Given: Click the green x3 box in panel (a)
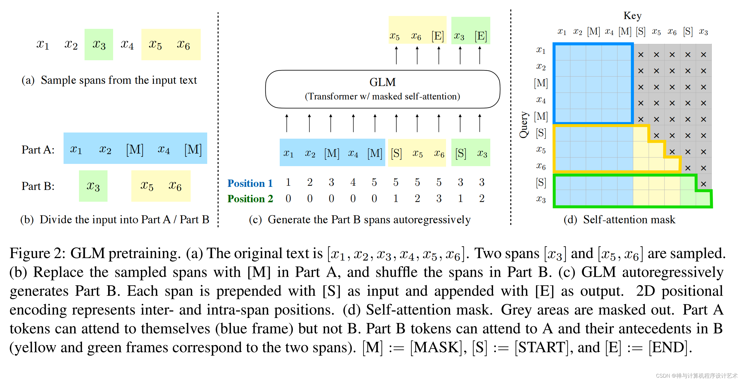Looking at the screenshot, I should point(99,44).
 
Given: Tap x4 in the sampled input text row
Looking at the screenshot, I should point(127,44).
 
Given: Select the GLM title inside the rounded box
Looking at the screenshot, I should point(382,82).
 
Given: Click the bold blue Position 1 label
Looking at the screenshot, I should point(250,183).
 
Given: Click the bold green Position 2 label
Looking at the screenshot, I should point(250,199).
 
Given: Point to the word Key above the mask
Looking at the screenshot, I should point(632,16).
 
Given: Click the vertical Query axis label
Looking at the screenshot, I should point(524,125).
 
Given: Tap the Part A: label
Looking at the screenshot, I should point(38,150).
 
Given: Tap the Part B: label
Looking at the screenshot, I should point(38,186).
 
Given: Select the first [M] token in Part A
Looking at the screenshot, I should point(134,150).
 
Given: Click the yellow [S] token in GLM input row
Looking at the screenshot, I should point(396,153).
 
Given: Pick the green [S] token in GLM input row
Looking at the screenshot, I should point(460,153).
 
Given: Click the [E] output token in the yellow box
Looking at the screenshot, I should point(437,36).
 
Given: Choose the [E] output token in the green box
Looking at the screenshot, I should point(480,36).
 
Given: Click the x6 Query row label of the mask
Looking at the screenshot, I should point(541,166).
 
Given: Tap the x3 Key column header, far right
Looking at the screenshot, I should point(703,31).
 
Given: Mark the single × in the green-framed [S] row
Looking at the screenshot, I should point(703,184).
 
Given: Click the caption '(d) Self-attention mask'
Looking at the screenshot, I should point(619,220).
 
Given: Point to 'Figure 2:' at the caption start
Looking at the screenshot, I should point(38,253).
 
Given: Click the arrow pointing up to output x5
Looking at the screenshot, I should point(396,55).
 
